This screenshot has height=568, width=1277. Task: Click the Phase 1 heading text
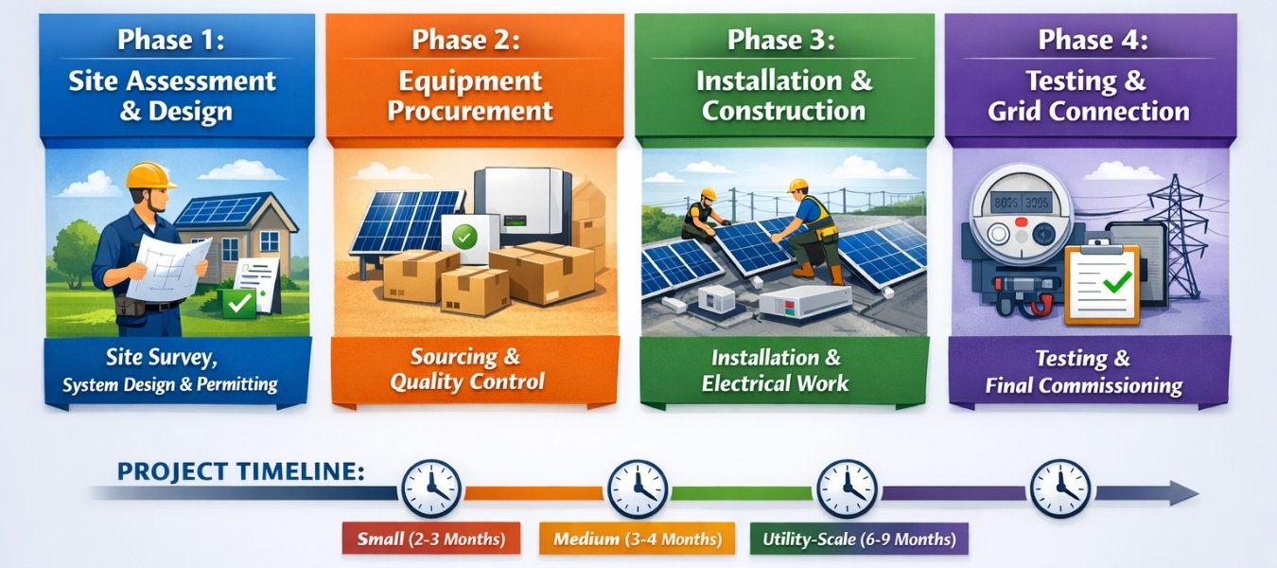(x=171, y=41)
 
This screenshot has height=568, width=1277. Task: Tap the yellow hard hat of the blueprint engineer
(x=151, y=176)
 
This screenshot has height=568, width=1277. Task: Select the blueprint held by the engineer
(x=170, y=264)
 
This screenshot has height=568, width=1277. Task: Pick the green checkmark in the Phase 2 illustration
(x=464, y=238)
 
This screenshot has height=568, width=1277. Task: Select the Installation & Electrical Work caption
(x=776, y=370)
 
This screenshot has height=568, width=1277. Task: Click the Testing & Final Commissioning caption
(x=1083, y=372)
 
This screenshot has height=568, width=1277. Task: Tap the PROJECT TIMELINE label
(x=240, y=470)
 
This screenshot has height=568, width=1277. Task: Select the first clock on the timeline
(x=430, y=488)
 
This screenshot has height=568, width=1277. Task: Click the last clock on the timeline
(x=1059, y=488)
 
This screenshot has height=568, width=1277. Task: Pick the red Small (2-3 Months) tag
(x=431, y=541)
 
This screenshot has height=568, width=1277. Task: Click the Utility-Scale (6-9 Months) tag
(x=859, y=541)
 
